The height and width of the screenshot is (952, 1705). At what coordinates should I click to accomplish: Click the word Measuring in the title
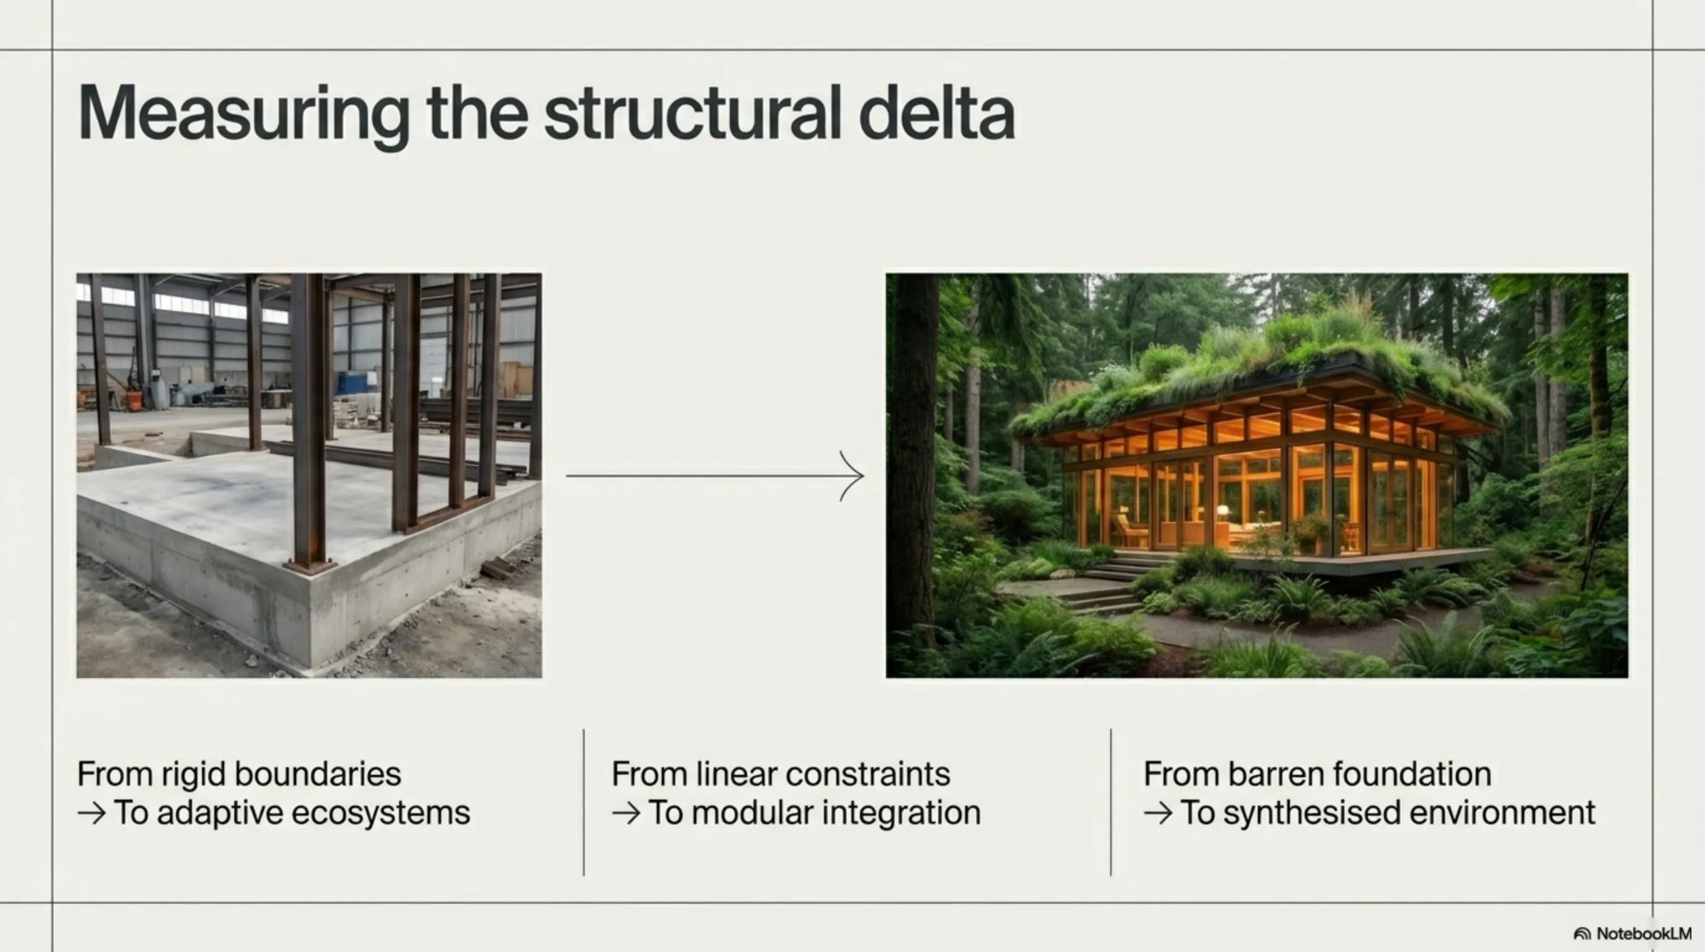pos(243,113)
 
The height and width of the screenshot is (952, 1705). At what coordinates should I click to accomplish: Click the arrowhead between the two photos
pos(852,475)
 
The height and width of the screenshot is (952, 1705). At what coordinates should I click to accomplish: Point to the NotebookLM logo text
pos(1644,933)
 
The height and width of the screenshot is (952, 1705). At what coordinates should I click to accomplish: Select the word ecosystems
pos(380,814)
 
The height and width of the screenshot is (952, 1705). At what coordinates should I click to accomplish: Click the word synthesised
pos(1312,814)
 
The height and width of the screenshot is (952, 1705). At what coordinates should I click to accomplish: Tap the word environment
pos(1503,813)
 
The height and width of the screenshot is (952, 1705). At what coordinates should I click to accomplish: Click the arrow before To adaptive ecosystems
pos(91,814)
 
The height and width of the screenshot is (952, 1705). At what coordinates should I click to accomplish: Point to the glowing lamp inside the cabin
pos(1222,511)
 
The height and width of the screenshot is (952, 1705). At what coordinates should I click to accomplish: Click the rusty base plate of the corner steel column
pos(310,566)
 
